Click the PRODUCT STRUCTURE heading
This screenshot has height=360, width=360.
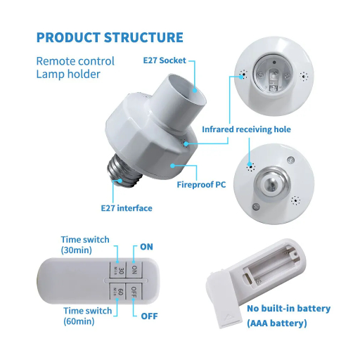tap(110, 37)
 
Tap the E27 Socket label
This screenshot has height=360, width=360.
tap(165, 60)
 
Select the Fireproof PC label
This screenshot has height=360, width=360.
tap(201, 185)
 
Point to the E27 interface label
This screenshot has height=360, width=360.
tap(127, 208)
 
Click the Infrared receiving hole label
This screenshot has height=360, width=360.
tap(246, 129)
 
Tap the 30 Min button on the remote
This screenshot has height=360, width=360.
tap(118, 270)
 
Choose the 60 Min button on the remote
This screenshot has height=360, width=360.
tap(117, 291)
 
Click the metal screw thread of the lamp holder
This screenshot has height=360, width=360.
tap(124, 171)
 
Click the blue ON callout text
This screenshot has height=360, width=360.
tap(146, 247)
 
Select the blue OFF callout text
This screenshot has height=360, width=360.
tap(149, 316)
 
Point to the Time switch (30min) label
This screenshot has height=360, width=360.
tap(85, 245)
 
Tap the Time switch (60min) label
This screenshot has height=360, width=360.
tap(88, 316)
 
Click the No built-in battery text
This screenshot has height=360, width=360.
tap(289, 309)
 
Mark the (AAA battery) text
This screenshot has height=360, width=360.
tap(277, 323)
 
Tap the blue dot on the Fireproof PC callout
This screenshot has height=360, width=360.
tap(172, 166)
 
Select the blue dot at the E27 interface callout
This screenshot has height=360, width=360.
tap(120, 181)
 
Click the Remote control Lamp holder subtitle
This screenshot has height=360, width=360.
tap(75, 67)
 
